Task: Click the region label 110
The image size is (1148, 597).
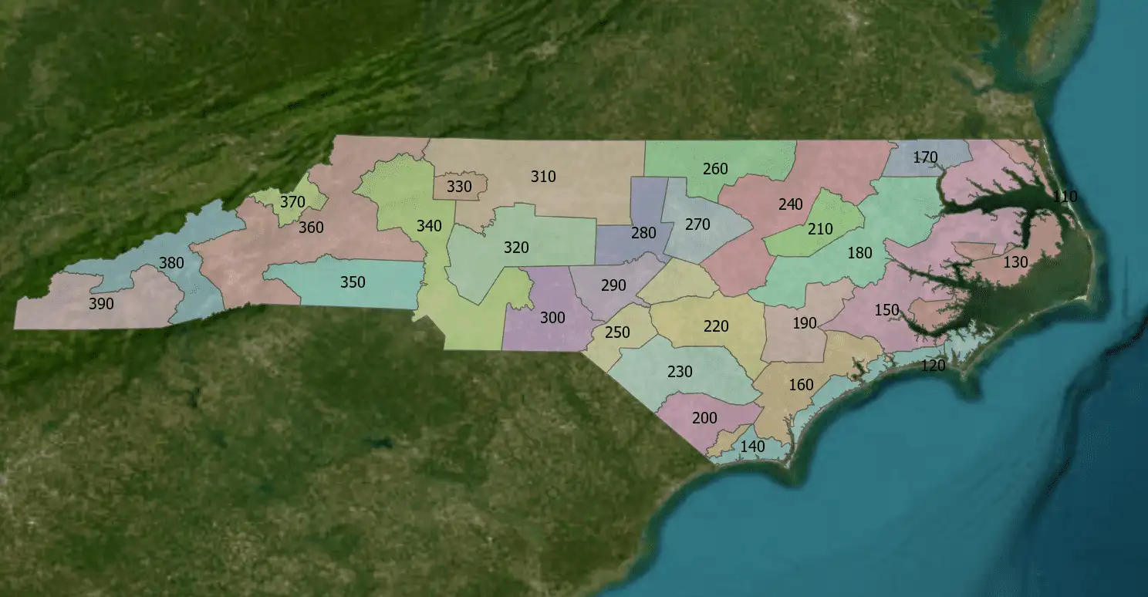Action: point(1065,196)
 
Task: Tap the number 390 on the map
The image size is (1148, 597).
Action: point(101,304)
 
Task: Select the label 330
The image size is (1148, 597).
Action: point(459,187)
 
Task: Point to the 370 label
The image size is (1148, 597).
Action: point(292,202)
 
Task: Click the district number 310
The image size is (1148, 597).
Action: point(543,177)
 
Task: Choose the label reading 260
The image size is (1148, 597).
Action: point(715,168)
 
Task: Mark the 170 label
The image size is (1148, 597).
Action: point(925,157)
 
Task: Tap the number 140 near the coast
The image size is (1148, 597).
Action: point(752,447)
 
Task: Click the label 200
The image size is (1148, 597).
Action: point(704,418)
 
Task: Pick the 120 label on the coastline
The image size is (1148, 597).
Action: point(934,366)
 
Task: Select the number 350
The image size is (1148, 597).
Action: point(353,282)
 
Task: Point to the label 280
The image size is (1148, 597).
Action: point(643,233)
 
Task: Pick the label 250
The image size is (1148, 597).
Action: point(617,333)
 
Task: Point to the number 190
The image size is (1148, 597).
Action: point(805,323)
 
